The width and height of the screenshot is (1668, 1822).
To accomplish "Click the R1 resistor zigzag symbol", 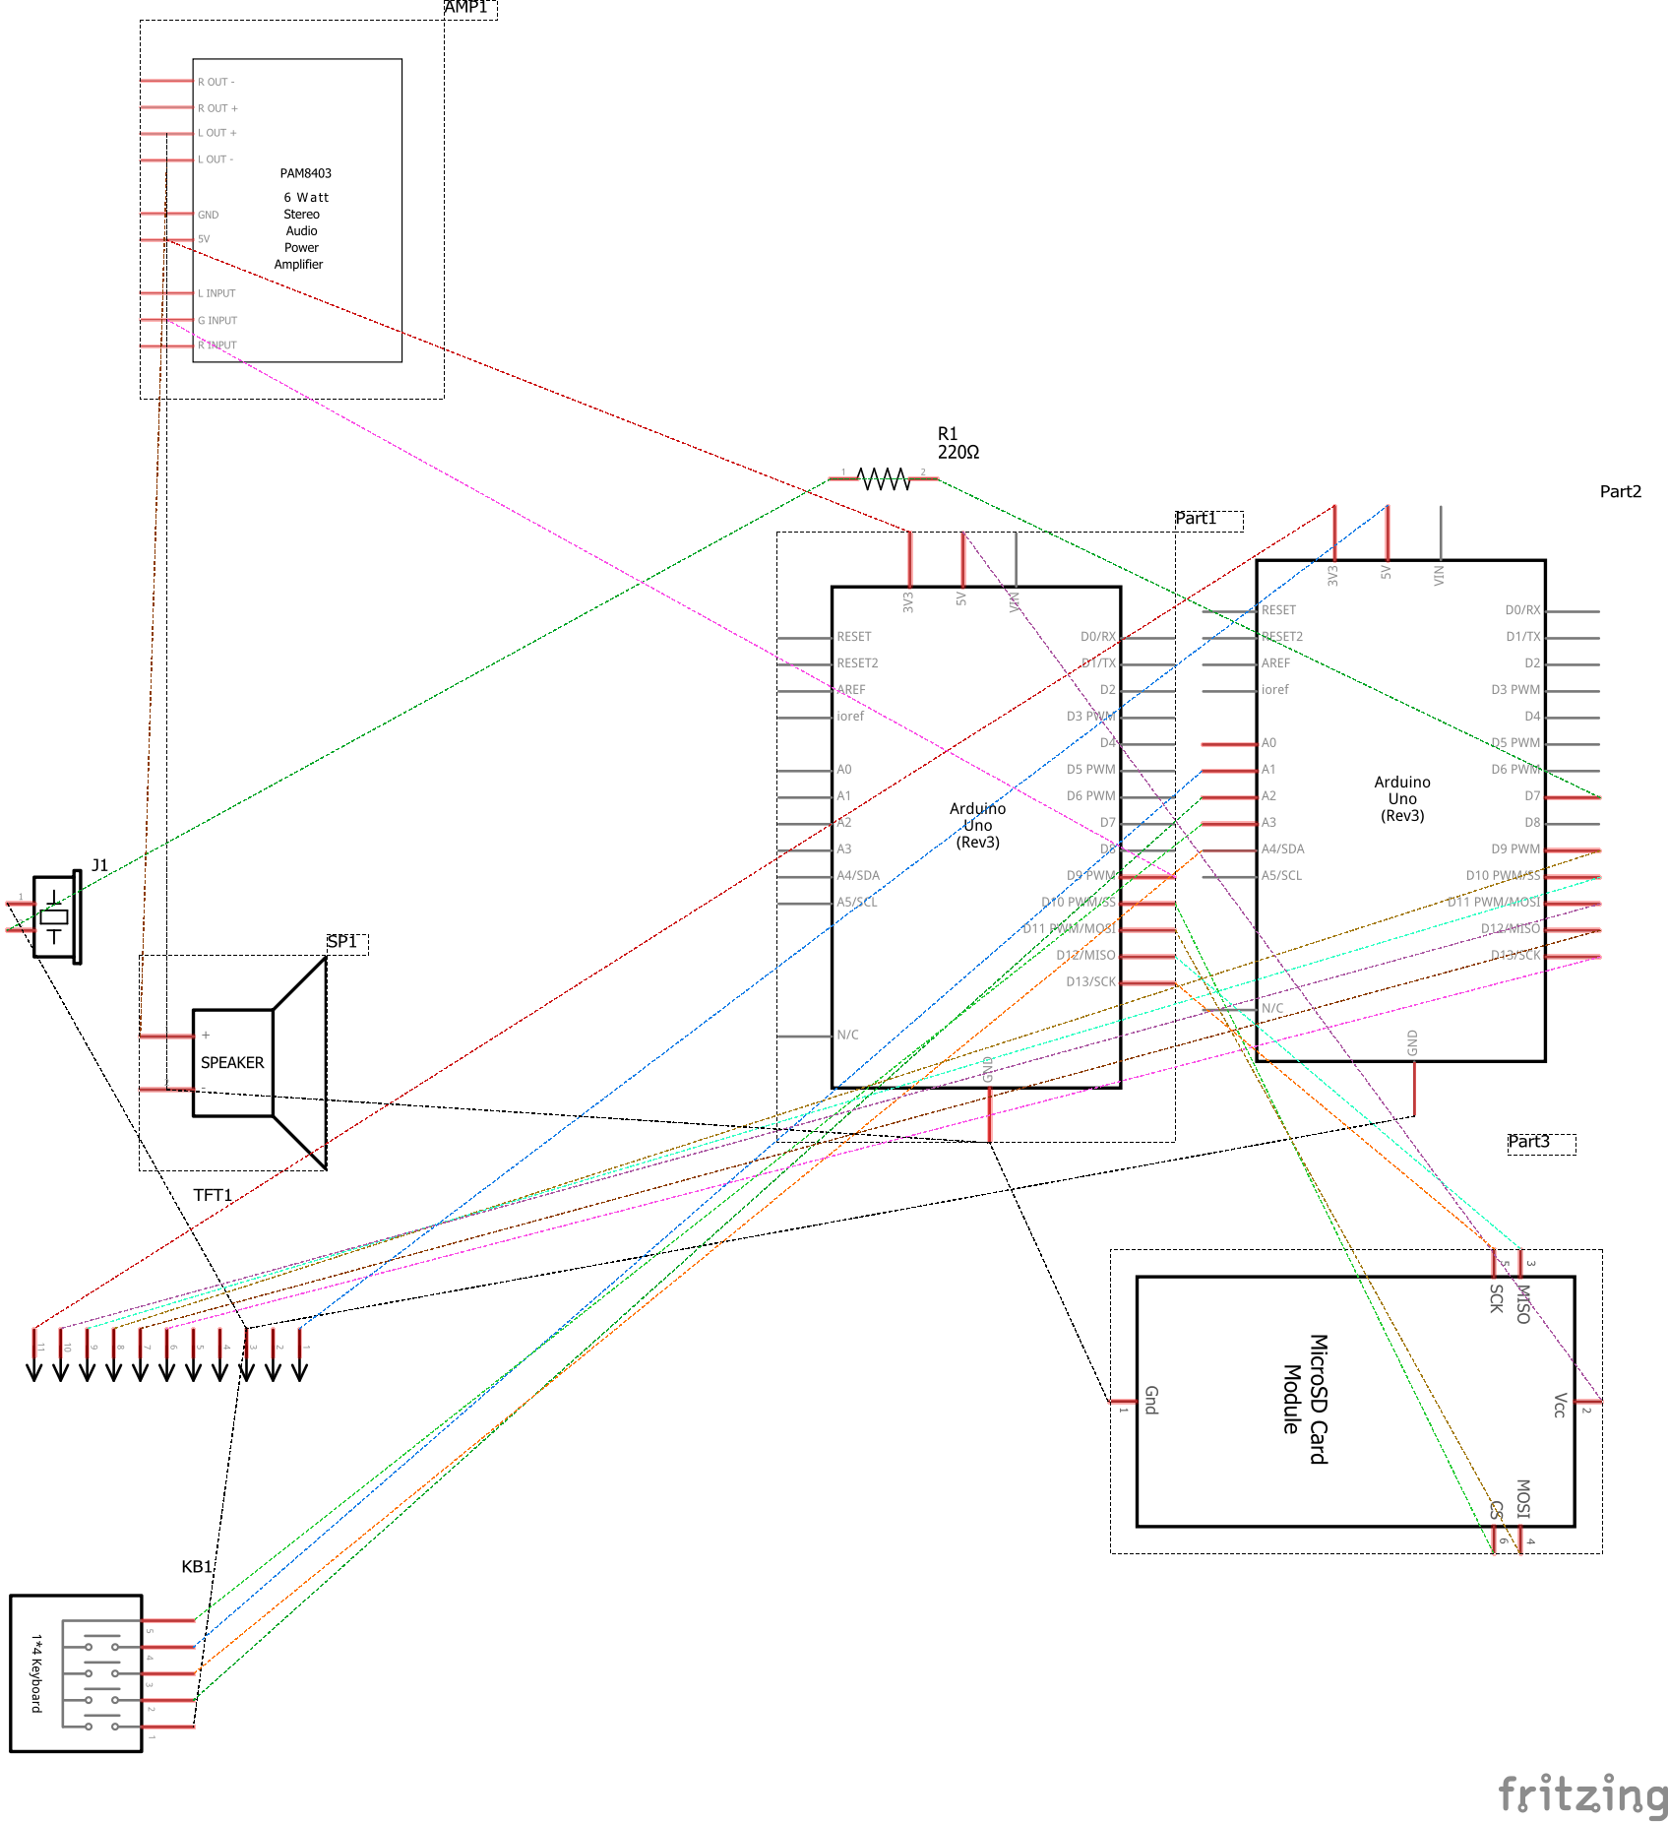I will (884, 479).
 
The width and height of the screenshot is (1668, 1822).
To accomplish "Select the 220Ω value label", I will (958, 453).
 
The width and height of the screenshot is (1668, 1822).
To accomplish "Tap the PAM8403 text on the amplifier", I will (305, 173).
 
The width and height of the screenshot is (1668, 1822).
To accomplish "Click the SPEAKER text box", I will (232, 1063).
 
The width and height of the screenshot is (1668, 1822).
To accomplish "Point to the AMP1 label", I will (466, 8).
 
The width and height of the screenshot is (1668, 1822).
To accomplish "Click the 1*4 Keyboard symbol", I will (76, 1673).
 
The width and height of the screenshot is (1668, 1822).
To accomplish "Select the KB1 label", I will (196, 1566).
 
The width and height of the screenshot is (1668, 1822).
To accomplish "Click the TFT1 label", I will (213, 1195).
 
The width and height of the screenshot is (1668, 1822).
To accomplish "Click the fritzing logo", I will (1581, 1793).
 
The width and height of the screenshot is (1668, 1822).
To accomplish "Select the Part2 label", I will (1620, 491).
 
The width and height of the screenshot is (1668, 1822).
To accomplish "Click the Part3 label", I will (1528, 1142).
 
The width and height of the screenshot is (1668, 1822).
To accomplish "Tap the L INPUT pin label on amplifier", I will (216, 293).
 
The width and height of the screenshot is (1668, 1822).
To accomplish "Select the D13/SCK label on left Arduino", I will (1090, 981).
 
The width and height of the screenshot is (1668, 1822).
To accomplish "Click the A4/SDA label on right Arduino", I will (1282, 848).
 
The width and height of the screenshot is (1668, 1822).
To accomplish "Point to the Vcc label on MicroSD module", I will (1559, 1405).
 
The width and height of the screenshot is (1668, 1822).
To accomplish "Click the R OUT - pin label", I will (216, 82).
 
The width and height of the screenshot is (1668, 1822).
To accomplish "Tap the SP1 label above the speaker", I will (341, 942).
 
